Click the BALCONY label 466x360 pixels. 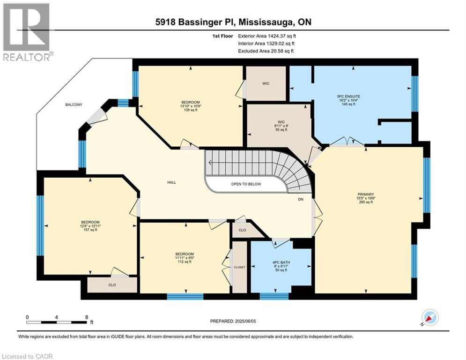pos(74,105)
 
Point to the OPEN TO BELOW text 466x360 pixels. pos(246,184)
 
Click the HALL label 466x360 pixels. pos(171,182)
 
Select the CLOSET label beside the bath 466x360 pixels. pos(239,267)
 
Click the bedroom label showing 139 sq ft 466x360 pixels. pos(191,106)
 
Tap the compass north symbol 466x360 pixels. pos(430,318)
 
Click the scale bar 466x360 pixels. pos(57,322)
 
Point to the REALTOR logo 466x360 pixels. pos(26,32)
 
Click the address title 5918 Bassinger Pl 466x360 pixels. pos(233,22)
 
